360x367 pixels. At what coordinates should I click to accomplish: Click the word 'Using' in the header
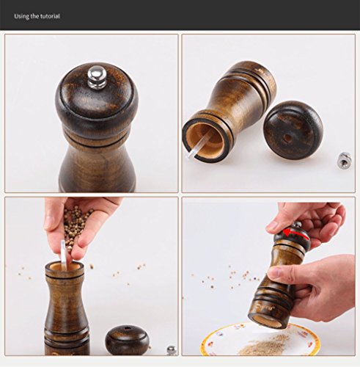22,16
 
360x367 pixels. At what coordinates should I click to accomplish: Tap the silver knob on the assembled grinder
97,77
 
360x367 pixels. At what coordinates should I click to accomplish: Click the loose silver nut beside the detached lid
344,160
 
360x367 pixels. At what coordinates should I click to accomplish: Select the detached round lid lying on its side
293,130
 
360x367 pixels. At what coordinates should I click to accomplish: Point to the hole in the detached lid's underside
288,138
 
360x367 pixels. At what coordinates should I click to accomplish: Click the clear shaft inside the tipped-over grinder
199,145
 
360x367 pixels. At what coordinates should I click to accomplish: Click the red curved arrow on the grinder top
295,233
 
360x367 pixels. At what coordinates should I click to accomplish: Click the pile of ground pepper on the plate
263,345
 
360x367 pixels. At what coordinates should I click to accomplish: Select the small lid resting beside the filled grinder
127,341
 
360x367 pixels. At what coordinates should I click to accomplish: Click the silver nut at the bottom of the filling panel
172,350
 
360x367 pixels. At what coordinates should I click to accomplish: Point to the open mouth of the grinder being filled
65,266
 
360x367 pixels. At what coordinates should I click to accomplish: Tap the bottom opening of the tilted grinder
268,321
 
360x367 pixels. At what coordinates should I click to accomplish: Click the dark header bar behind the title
180,15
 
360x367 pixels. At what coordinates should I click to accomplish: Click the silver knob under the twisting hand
297,225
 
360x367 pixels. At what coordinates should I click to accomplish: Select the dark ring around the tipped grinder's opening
185,142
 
